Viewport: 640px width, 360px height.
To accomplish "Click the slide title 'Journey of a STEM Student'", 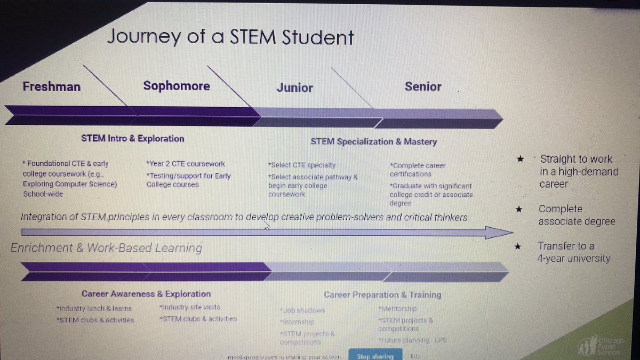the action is pyautogui.click(x=230, y=38).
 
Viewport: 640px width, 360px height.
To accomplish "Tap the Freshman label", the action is pyautogui.click(x=52, y=86).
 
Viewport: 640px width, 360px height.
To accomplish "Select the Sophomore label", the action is pyautogui.click(x=177, y=86).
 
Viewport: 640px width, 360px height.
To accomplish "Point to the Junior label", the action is pyautogui.click(x=295, y=88).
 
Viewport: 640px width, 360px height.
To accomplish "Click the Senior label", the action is pyautogui.click(x=423, y=86).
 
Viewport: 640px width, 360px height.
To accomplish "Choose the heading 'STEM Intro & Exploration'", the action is pyautogui.click(x=133, y=139).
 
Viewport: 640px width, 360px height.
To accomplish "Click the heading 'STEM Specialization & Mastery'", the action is pyautogui.click(x=374, y=141).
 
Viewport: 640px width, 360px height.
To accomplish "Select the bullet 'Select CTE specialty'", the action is pyautogui.click(x=303, y=165).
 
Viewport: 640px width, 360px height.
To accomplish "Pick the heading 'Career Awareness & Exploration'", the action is pyautogui.click(x=146, y=294).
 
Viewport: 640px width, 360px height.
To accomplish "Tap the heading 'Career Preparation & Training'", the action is pyautogui.click(x=382, y=294).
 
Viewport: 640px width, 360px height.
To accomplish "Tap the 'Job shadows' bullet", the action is pyautogui.click(x=302, y=310).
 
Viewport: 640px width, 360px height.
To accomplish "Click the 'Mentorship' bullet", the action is pyautogui.click(x=397, y=309).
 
